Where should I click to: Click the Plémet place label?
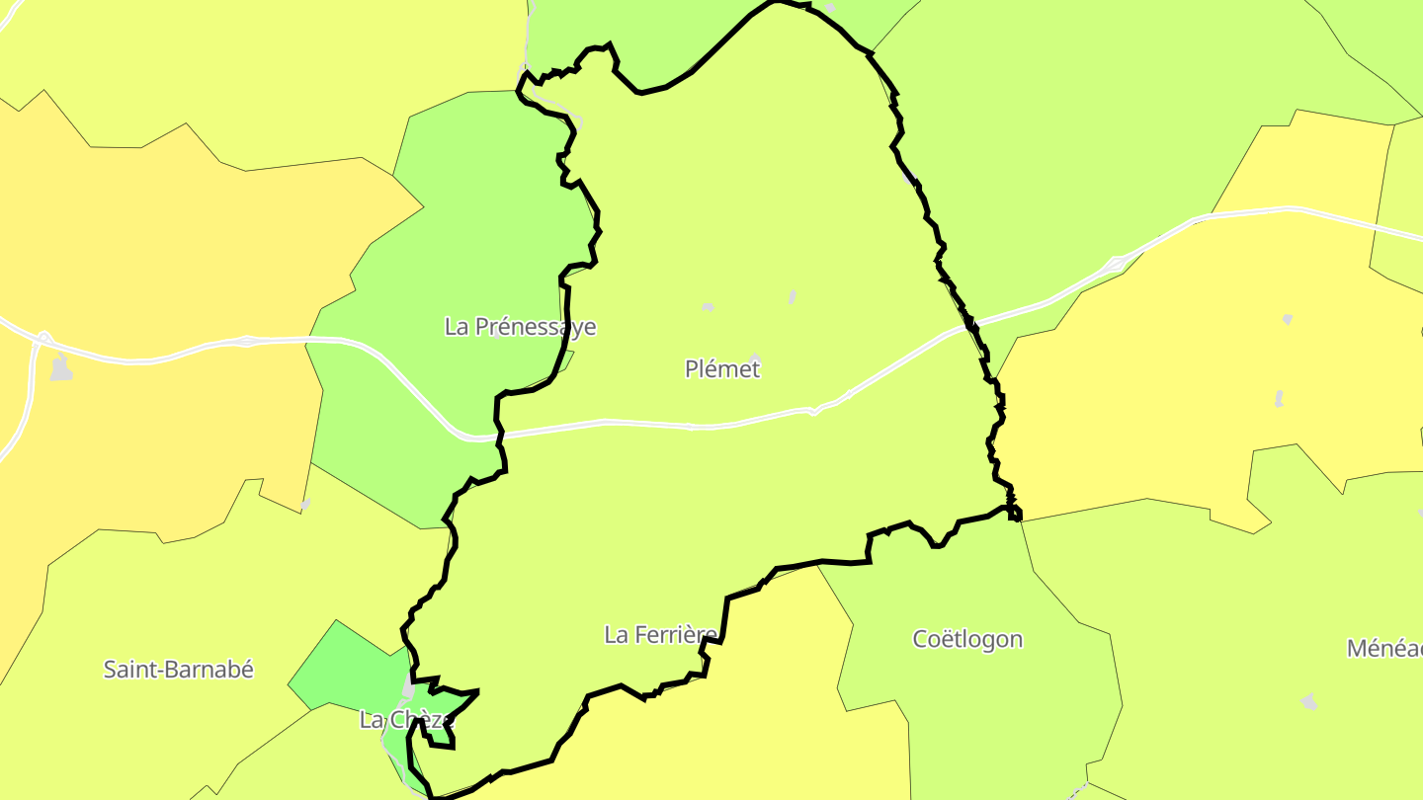tap(722, 369)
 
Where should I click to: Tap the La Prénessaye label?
tap(520, 327)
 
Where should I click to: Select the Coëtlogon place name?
tap(966, 639)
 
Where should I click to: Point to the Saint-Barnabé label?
tap(179, 670)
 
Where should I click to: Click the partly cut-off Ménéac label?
tap(1383, 649)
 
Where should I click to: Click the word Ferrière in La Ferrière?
tap(675, 635)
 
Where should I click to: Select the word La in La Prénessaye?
tap(457, 327)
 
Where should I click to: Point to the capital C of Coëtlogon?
tap(920, 639)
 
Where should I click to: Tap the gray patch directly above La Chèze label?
tap(408, 686)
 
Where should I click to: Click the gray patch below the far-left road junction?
tap(61, 368)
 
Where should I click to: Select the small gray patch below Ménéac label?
tap(1309, 701)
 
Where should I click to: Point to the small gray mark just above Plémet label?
tap(754, 357)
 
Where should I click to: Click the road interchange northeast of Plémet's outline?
tap(1117, 264)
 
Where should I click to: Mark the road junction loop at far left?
tap(42, 339)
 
